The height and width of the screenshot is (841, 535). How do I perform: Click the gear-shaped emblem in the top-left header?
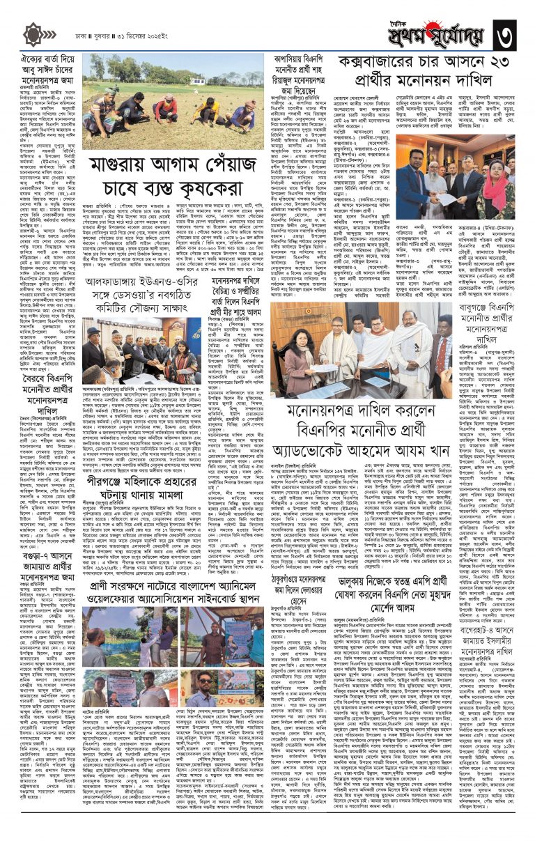(33, 34)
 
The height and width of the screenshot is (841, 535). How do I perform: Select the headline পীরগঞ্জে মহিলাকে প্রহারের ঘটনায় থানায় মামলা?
(154, 463)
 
